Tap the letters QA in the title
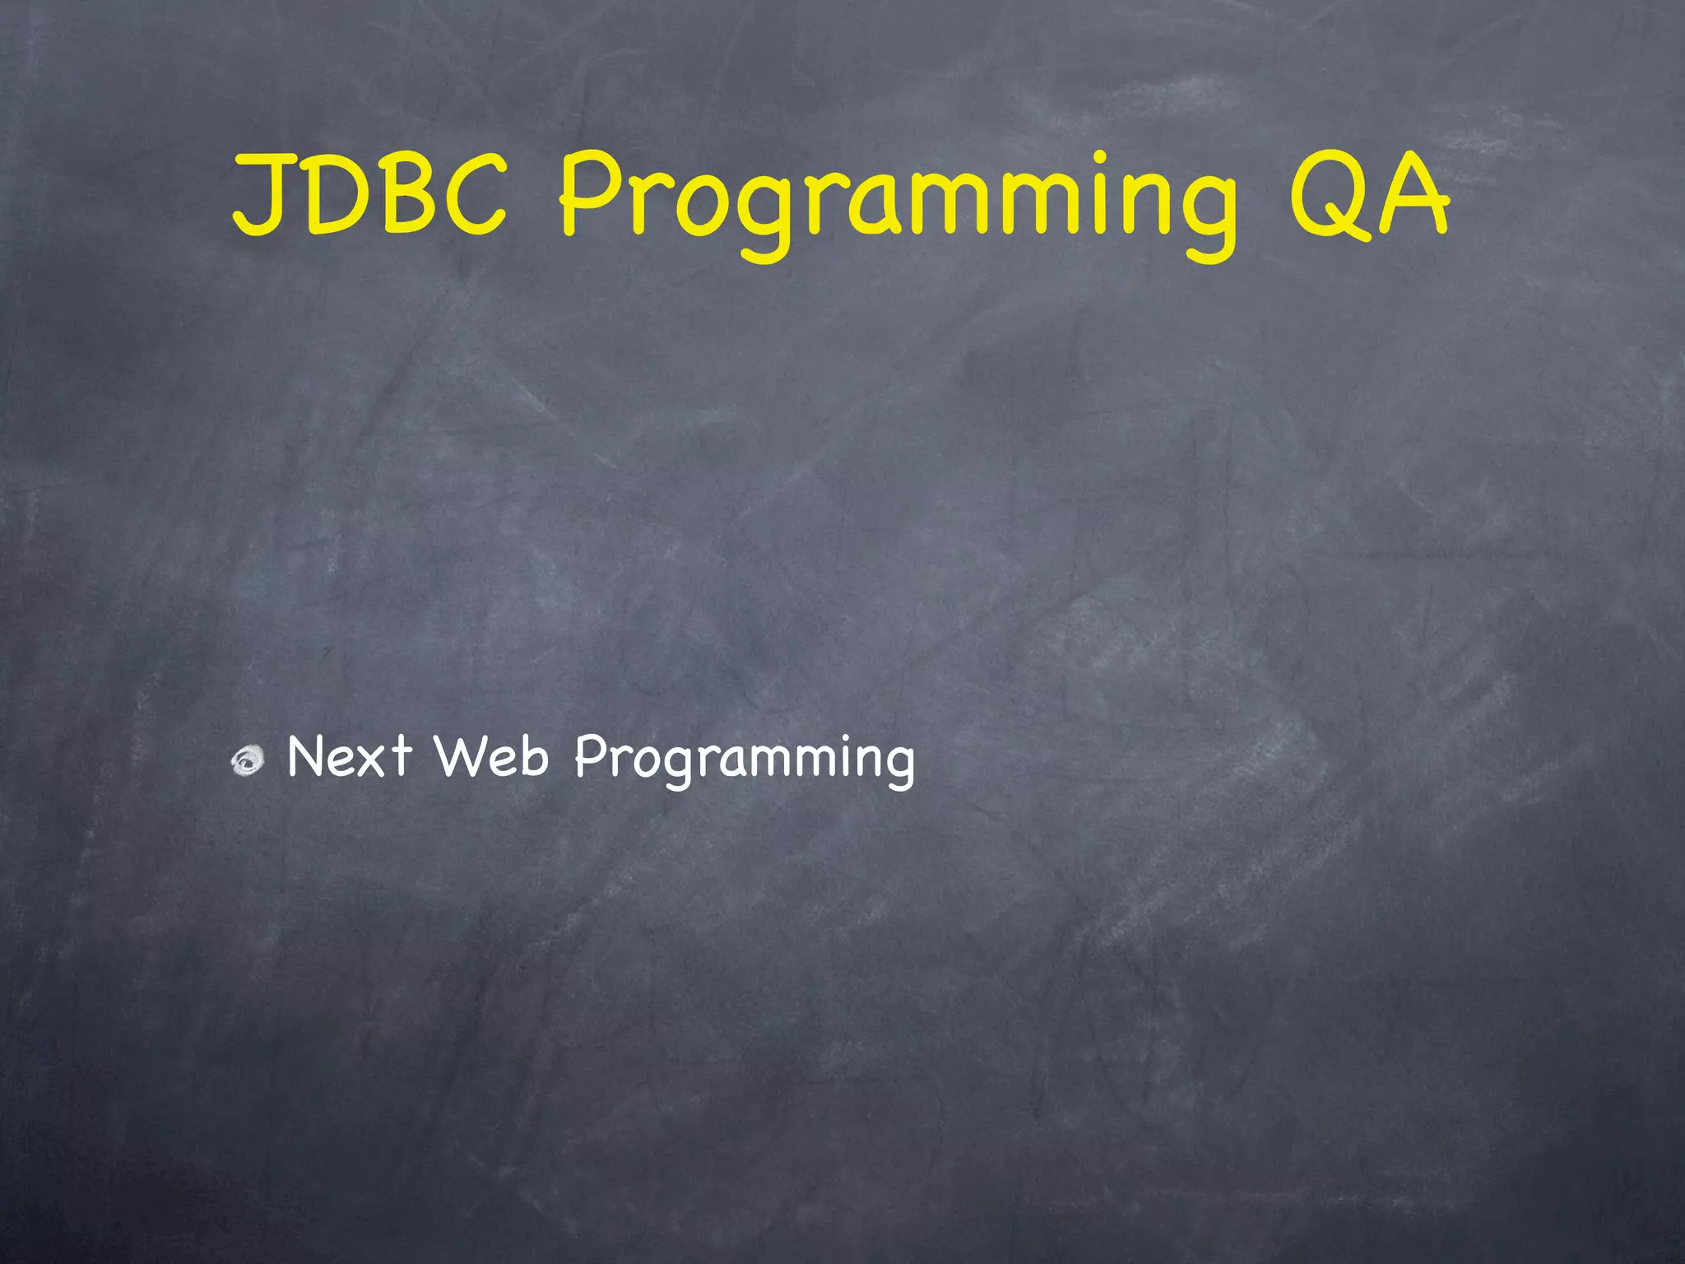tap(1367, 196)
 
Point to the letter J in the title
tap(262, 196)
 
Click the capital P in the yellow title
tap(591, 194)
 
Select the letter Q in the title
tap(1325, 196)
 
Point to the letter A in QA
tap(1412, 196)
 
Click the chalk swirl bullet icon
tap(248, 760)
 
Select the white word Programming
tap(744, 760)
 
